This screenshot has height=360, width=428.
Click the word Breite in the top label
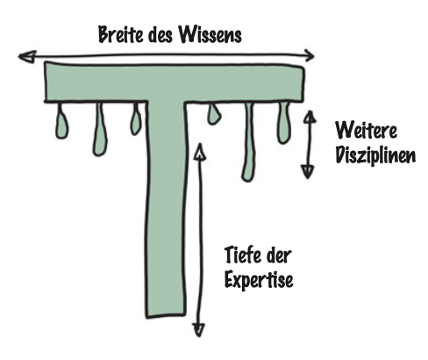pos(121,34)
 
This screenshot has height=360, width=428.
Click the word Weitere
pos(366,130)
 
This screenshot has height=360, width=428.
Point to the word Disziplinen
pos(375,155)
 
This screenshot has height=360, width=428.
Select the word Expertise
pos(259,279)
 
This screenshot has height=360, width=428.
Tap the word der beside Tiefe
pos(279,256)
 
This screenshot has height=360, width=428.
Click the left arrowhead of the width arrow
pos(27,56)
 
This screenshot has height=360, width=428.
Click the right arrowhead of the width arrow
pos(310,55)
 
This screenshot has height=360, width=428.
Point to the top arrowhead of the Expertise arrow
pos(200,151)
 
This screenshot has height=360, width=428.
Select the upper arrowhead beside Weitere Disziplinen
pos(310,117)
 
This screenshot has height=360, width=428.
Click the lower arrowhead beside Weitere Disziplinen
pos(308,171)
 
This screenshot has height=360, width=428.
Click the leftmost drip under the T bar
pos(61,121)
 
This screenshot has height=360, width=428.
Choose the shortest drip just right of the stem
pos(214,114)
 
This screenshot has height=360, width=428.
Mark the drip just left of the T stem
pos(135,119)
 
